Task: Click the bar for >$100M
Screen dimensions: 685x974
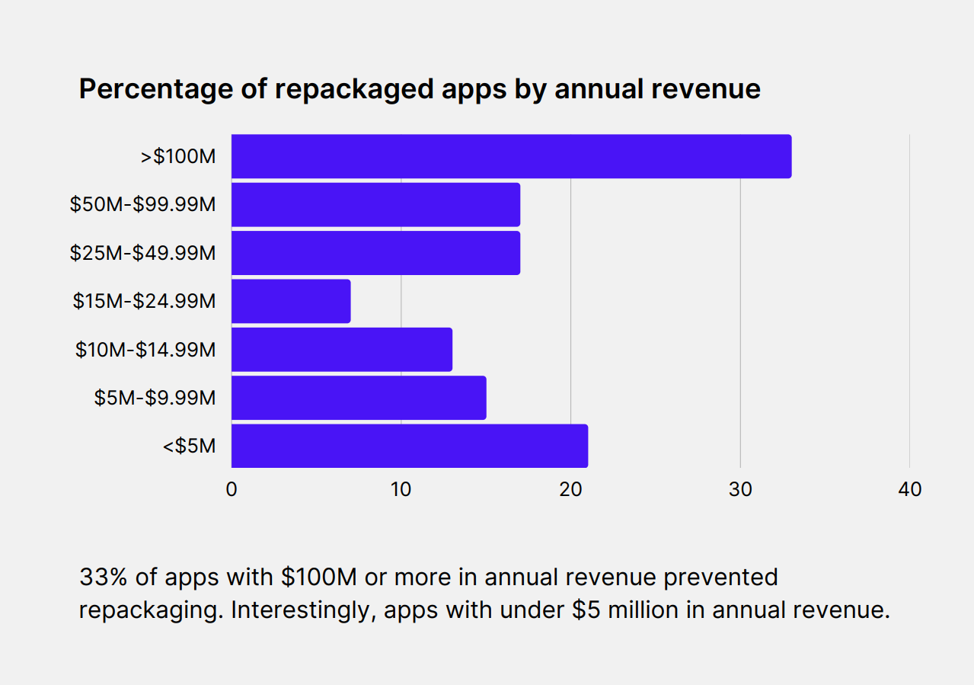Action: point(511,156)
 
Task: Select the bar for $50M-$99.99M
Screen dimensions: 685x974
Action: point(375,204)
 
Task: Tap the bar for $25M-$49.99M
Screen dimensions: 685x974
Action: point(375,252)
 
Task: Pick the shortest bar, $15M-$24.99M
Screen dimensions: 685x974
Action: point(291,301)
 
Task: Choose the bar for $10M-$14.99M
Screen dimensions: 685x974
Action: point(342,349)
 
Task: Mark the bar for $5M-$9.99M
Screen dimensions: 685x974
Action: point(359,397)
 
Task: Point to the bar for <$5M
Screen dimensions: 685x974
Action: point(410,446)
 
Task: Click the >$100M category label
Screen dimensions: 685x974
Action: point(178,157)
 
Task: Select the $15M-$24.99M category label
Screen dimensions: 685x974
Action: point(144,301)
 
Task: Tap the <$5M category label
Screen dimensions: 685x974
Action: point(189,446)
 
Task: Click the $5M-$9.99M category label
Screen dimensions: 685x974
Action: point(155,398)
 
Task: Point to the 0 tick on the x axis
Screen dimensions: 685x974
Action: point(232,489)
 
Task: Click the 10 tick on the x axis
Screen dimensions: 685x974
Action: point(401,489)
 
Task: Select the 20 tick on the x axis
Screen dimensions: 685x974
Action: point(570,489)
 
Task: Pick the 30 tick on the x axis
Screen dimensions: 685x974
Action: point(740,489)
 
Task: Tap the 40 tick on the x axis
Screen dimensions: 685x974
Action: point(910,489)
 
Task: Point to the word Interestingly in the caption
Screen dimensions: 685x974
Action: point(291,611)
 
